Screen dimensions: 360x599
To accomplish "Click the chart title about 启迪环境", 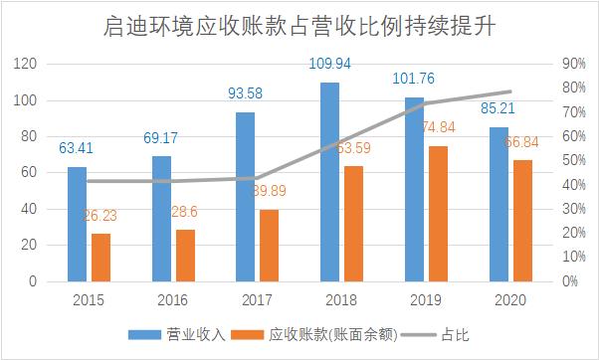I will tap(299, 25).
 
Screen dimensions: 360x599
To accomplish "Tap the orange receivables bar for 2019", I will tap(437, 214).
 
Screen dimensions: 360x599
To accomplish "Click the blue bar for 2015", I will tap(77, 224).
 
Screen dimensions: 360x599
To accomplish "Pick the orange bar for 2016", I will tap(185, 256).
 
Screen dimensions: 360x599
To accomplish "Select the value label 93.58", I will tap(245, 93).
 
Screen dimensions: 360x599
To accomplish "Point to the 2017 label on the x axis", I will tap(257, 299).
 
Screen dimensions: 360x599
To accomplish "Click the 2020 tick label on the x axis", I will tap(508, 299).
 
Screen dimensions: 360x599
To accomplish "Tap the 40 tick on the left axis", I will tap(30, 209).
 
